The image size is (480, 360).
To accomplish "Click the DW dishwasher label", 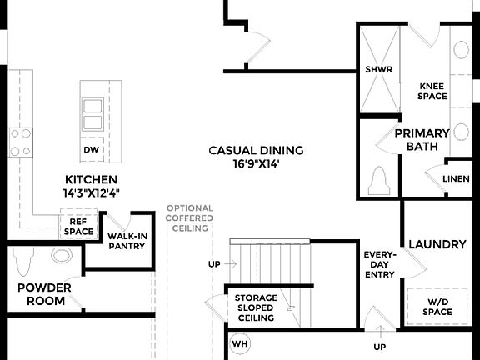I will pyautogui.click(x=91, y=150).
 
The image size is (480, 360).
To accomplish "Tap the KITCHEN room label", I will pyautogui.click(x=91, y=180).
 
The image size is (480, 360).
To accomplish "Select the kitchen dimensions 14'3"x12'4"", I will pyautogui.click(x=91, y=192).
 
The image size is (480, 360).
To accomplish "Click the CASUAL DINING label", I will pyautogui.click(x=256, y=151).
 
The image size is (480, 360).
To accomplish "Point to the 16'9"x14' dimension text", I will pyautogui.click(x=256, y=164).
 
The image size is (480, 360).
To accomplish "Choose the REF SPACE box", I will pyautogui.click(x=79, y=226).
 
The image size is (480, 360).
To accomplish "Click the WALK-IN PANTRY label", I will pyautogui.click(x=127, y=241).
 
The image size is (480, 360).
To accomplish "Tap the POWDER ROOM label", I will pyautogui.click(x=44, y=294).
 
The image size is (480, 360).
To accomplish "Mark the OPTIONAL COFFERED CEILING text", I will pyautogui.click(x=189, y=218).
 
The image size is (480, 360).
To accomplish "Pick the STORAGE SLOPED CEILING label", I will pyautogui.click(x=256, y=307).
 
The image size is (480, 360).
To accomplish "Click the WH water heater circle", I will pyautogui.click(x=240, y=343).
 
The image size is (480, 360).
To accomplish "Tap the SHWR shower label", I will pyautogui.click(x=378, y=70).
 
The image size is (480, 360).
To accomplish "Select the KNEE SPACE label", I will pyautogui.click(x=432, y=91).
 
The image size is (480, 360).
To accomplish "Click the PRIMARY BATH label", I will pyautogui.click(x=422, y=139).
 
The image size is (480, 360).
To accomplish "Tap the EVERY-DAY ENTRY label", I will pyautogui.click(x=380, y=264).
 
